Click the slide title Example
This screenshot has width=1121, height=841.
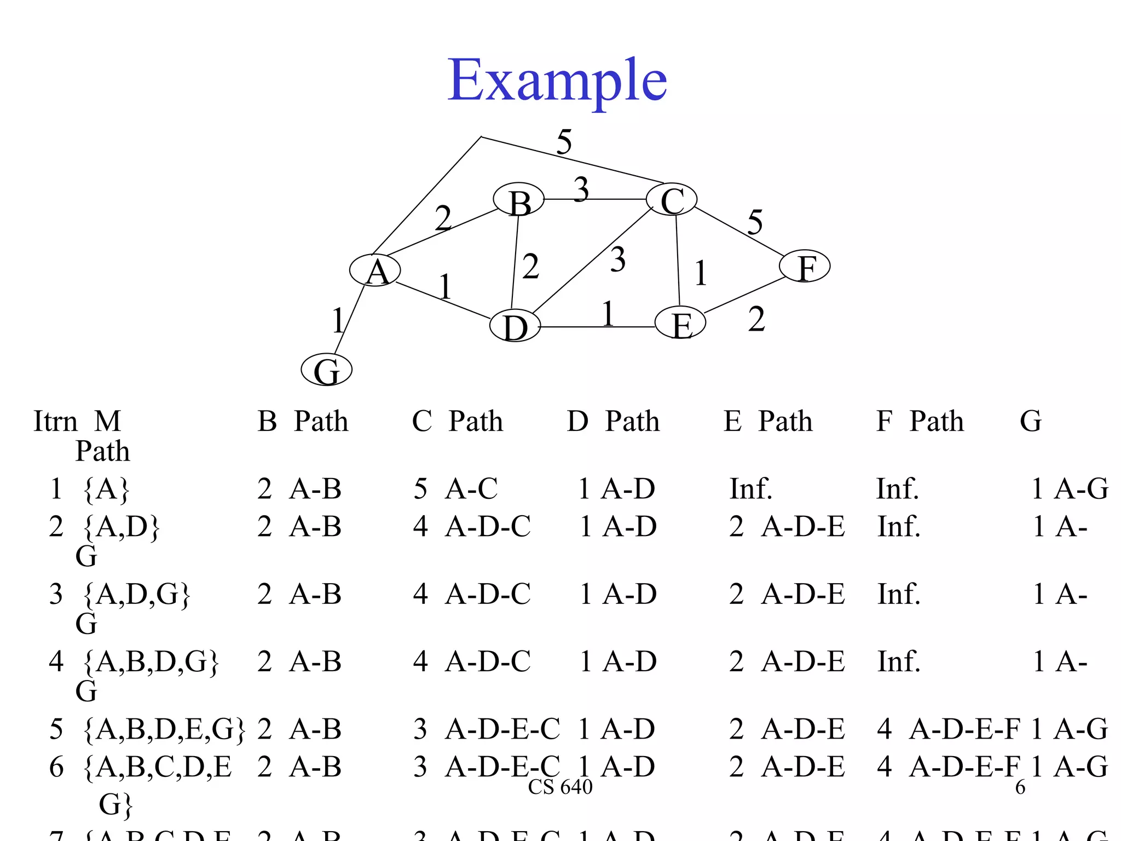tap(557, 81)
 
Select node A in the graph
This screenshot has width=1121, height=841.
tap(375, 270)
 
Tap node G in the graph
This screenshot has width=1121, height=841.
tap(327, 370)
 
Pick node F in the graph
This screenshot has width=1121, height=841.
tap(805, 267)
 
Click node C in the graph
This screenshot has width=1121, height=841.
tap(672, 200)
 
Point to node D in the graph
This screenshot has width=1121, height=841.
tap(515, 326)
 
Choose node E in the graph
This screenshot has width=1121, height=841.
tap(680, 324)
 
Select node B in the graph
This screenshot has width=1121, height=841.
tap(519, 201)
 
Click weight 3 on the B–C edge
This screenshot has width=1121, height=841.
tap(581, 189)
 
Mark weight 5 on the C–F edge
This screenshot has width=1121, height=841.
tap(755, 222)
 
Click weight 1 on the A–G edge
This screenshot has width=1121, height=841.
tap(338, 320)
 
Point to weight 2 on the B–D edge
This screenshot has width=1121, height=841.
tap(530, 267)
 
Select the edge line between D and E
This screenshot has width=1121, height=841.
tap(597, 327)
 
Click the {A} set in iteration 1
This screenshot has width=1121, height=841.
tap(106, 489)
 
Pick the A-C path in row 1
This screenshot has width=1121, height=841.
tap(471, 488)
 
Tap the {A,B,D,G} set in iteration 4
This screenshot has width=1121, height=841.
tap(151, 661)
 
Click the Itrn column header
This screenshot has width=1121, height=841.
tap(55, 422)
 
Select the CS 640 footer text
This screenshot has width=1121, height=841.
tap(560, 787)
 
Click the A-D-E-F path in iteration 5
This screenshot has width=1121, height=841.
tap(964, 729)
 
